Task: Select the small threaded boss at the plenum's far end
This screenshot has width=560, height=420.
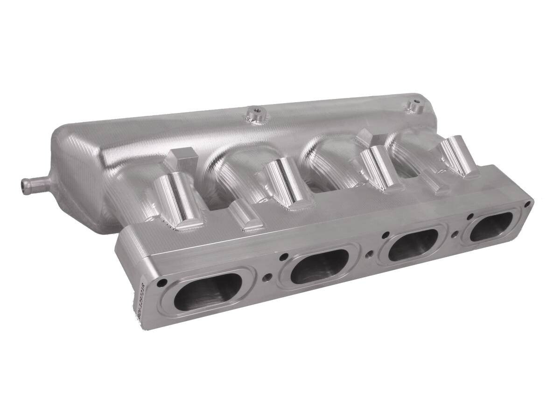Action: pos(413,105)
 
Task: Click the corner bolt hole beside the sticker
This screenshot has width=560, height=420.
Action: pos(162,282)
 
